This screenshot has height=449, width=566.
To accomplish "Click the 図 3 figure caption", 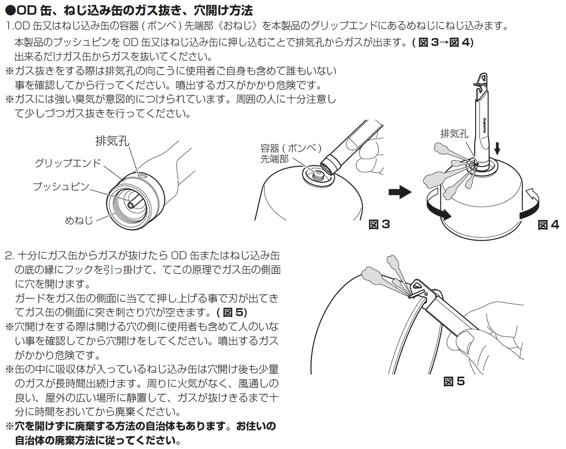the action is click(379, 224).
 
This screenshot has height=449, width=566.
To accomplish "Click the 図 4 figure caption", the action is click(548, 225).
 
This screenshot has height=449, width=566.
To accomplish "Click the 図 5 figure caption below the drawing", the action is click(454, 381).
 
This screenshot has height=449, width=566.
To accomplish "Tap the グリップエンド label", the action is click(68, 163).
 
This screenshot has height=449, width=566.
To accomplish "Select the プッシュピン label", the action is click(61, 186).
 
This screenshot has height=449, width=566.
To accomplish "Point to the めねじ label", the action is click(79, 220).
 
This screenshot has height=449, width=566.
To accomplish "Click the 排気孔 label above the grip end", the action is click(112, 141).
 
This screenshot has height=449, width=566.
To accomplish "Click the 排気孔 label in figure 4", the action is click(454, 134).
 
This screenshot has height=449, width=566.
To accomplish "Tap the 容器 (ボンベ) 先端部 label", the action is click(291, 154).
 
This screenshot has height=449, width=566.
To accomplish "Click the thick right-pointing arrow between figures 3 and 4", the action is click(400, 192).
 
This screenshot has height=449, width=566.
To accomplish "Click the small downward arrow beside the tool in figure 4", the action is click(497, 149).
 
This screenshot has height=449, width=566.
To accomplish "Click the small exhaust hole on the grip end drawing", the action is click(142, 175).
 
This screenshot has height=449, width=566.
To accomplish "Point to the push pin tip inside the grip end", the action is click(131, 205).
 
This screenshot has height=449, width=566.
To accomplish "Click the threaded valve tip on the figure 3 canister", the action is click(319, 174).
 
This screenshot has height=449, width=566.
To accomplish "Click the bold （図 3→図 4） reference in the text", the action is click(443, 42).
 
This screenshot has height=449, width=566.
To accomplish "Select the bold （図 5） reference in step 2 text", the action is click(232, 312).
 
